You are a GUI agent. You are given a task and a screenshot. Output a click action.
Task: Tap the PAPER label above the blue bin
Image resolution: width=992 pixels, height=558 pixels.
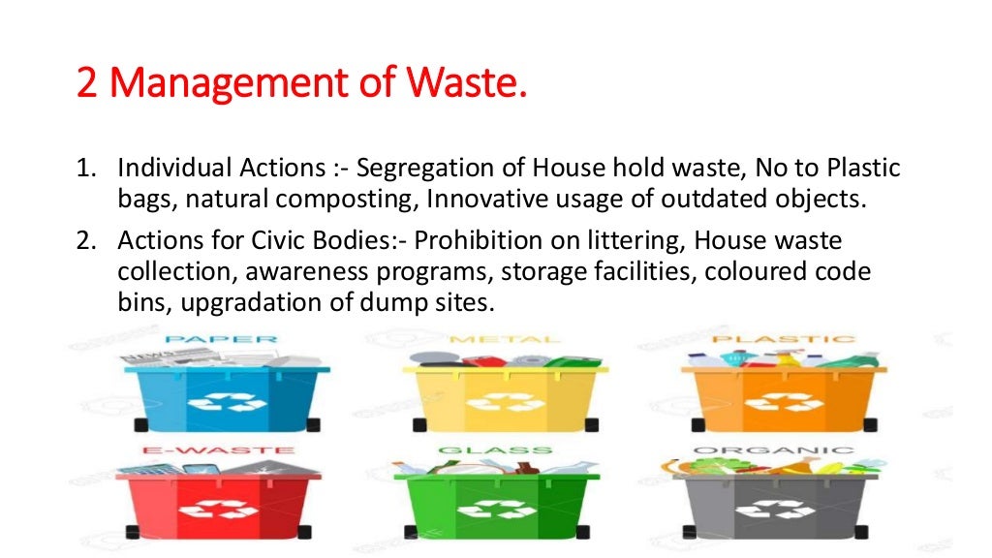(222, 340)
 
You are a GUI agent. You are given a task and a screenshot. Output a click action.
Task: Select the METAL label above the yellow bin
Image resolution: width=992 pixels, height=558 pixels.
(505, 340)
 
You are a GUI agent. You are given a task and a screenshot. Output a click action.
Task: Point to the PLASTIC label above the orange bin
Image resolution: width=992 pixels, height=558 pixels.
(784, 340)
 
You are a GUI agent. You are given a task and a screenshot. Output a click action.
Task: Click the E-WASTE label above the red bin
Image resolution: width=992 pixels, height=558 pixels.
(220, 450)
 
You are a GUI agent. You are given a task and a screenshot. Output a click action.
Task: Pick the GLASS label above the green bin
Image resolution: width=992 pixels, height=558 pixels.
(494, 450)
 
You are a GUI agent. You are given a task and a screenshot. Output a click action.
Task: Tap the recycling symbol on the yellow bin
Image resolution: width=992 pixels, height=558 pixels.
(504, 402)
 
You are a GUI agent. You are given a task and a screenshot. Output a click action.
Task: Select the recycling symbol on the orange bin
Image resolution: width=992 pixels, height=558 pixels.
(783, 402)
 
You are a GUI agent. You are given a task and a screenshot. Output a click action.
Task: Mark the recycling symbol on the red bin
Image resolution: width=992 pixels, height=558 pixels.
(222, 509)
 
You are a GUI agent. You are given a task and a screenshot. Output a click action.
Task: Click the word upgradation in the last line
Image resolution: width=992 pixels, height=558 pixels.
(238, 302)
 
